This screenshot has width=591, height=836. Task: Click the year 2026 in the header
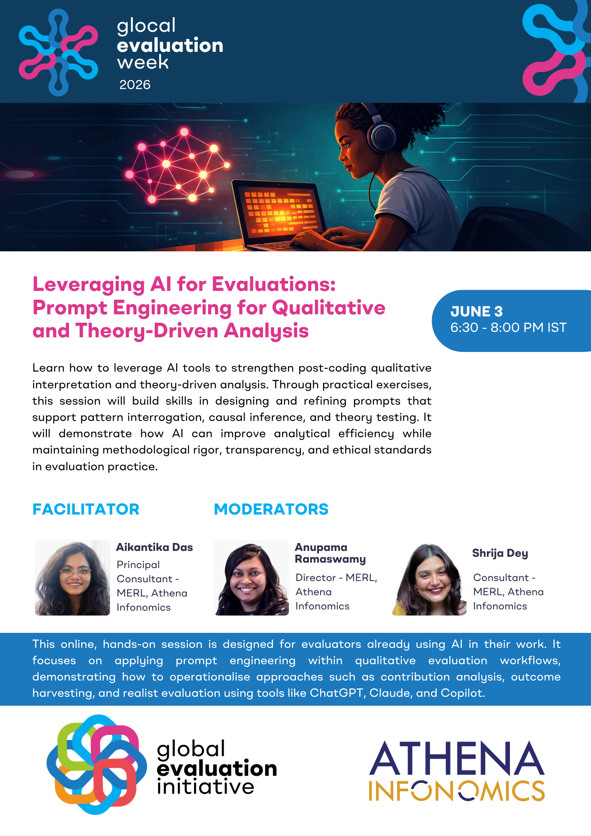135,85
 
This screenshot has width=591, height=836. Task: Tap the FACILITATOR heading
86,509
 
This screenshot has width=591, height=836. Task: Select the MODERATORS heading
271,509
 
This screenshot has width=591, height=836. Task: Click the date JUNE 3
476,311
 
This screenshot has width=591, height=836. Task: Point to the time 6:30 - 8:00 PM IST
508,327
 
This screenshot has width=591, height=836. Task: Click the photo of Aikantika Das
72,578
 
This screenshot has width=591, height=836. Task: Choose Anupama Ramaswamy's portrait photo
251,578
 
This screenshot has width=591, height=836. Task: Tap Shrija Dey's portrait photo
429,579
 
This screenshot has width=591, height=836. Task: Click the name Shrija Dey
500,553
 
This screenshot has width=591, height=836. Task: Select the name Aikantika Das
154,547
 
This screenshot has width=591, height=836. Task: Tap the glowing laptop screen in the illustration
279,211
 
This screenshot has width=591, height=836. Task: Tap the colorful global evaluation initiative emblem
97,764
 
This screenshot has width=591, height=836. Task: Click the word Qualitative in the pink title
329,308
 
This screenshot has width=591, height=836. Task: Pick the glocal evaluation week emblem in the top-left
59,52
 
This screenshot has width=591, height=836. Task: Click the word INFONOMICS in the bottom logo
457,790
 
